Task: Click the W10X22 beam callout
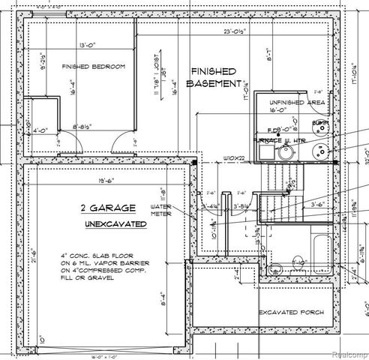(235, 158)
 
